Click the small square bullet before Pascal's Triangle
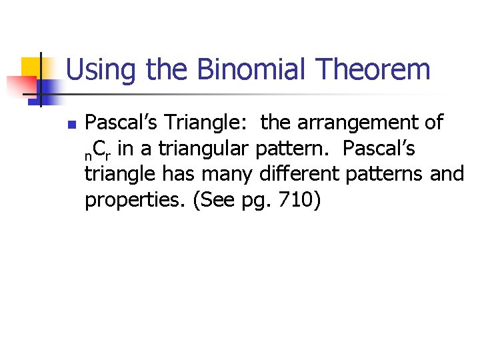71,124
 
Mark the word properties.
134,201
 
